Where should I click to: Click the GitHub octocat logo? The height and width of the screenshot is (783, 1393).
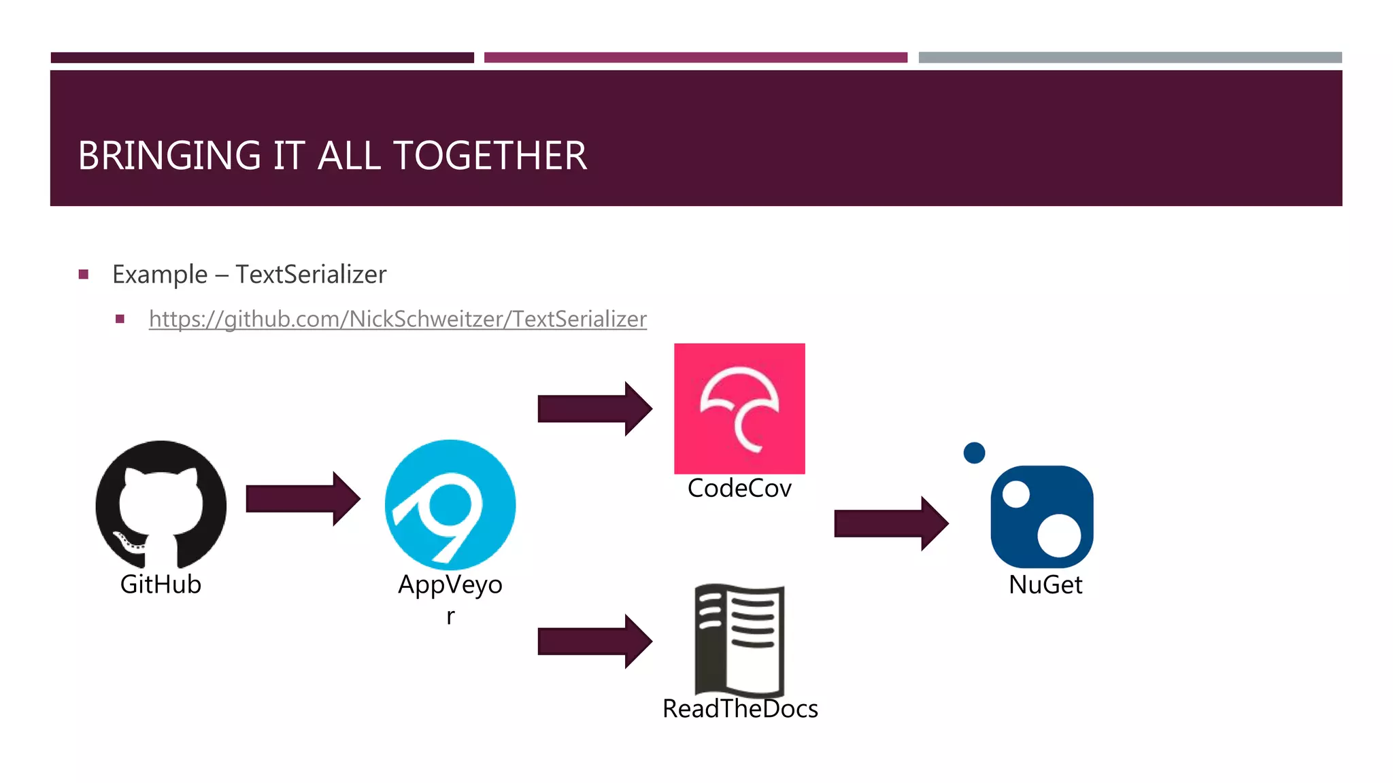click(x=161, y=504)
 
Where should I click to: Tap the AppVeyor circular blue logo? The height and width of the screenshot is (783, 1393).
click(x=450, y=504)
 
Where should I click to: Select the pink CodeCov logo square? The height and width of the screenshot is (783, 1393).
click(x=739, y=408)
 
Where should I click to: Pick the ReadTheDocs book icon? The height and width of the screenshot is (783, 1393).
click(x=739, y=639)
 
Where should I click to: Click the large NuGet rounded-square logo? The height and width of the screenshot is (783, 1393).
click(x=1042, y=517)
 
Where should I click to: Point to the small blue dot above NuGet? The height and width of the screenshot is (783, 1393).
click(x=974, y=453)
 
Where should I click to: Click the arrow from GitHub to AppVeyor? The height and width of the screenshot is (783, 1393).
click(x=302, y=499)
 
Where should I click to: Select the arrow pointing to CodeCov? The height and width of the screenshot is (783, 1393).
click(x=594, y=408)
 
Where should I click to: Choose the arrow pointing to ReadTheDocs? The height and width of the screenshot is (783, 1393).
click(x=594, y=641)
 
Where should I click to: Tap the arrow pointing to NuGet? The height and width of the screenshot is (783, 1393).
click(x=890, y=523)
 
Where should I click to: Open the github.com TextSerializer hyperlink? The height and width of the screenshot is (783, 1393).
click(x=397, y=319)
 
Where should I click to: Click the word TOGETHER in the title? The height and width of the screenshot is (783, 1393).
click(x=490, y=156)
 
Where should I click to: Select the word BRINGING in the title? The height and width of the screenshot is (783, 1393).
click(x=169, y=156)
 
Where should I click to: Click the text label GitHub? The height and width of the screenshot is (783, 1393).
click(x=161, y=585)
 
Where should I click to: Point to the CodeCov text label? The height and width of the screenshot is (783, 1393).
click(x=739, y=489)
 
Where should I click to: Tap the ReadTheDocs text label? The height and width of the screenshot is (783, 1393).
click(x=740, y=709)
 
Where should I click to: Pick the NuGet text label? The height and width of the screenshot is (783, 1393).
click(x=1045, y=585)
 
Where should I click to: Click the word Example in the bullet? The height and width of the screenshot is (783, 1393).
click(x=160, y=275)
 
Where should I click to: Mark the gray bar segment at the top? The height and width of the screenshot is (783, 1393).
click(x=1130, y=58)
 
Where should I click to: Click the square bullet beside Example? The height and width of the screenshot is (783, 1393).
click(x=84, y=275)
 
